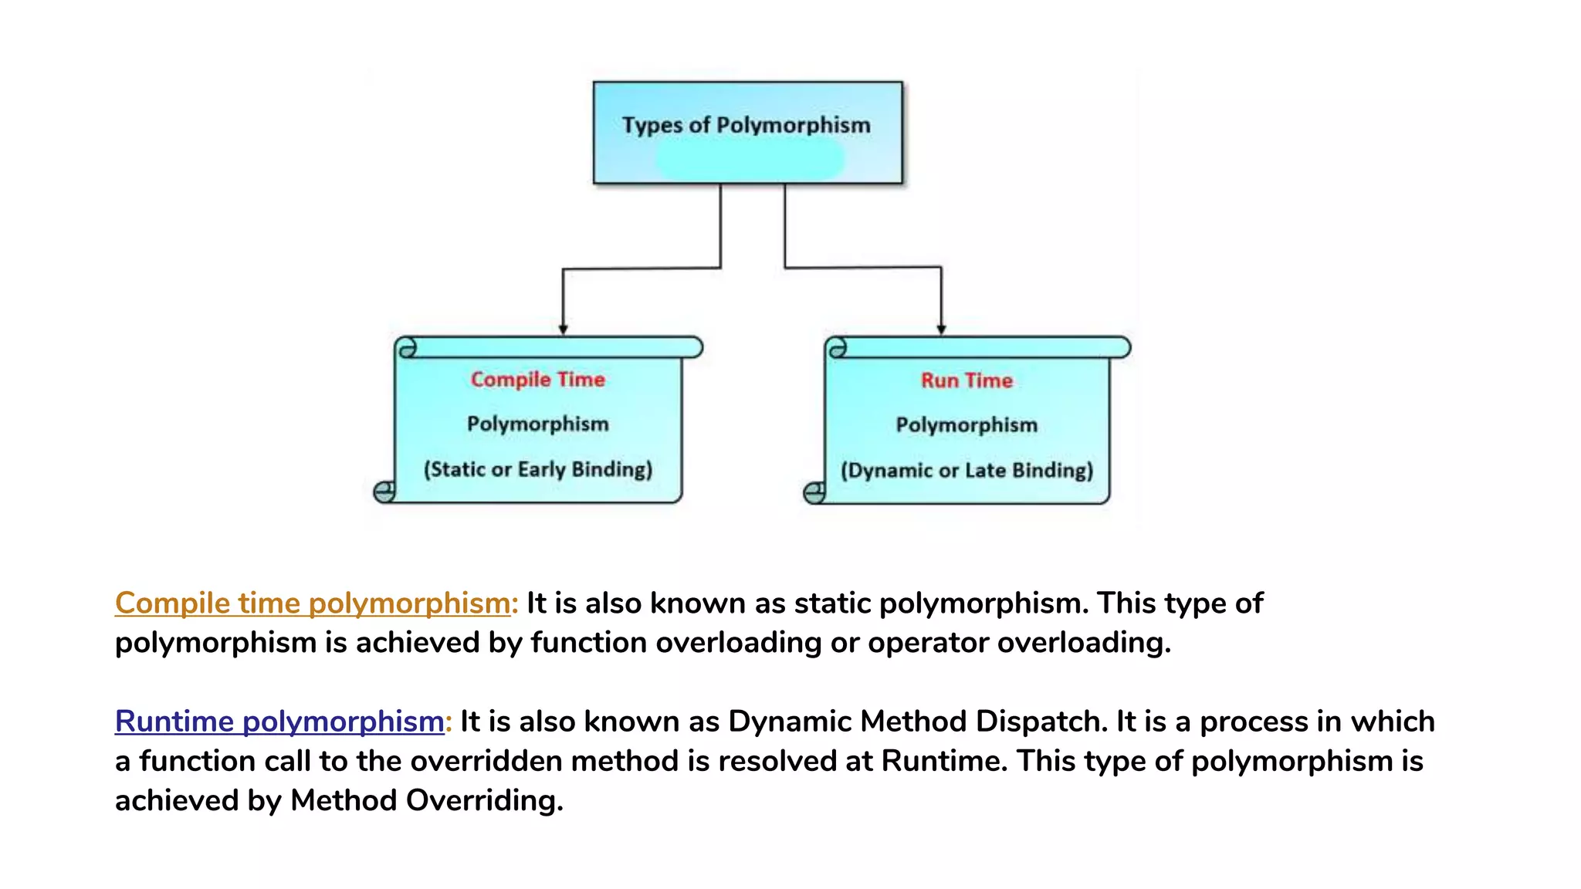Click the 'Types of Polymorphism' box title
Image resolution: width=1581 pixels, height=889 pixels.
click(x=746, y=125)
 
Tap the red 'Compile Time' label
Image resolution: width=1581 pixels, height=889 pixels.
click(x=538, y=380)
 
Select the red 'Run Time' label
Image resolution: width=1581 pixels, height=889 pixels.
click(x=967, y=380)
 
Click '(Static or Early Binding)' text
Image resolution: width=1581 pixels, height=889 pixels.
click(x=538, y=469)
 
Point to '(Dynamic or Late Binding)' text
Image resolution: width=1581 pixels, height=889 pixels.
click(x=967, y=471)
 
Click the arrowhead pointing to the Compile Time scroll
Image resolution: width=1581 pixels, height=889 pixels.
click(x=564, y=330)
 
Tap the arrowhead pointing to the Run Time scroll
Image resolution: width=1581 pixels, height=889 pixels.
click(x=941, y=330)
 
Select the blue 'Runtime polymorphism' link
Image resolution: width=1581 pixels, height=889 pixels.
click(x=279, y=722)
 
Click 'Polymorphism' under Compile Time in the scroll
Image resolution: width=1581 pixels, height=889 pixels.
click(x=538, y=424)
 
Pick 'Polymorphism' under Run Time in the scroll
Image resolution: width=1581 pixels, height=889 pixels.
click(x=967, y=425)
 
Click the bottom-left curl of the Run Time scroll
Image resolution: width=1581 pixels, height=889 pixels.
click(x=814, y=492)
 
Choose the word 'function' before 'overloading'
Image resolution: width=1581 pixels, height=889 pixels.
click(x=588, y=643)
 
